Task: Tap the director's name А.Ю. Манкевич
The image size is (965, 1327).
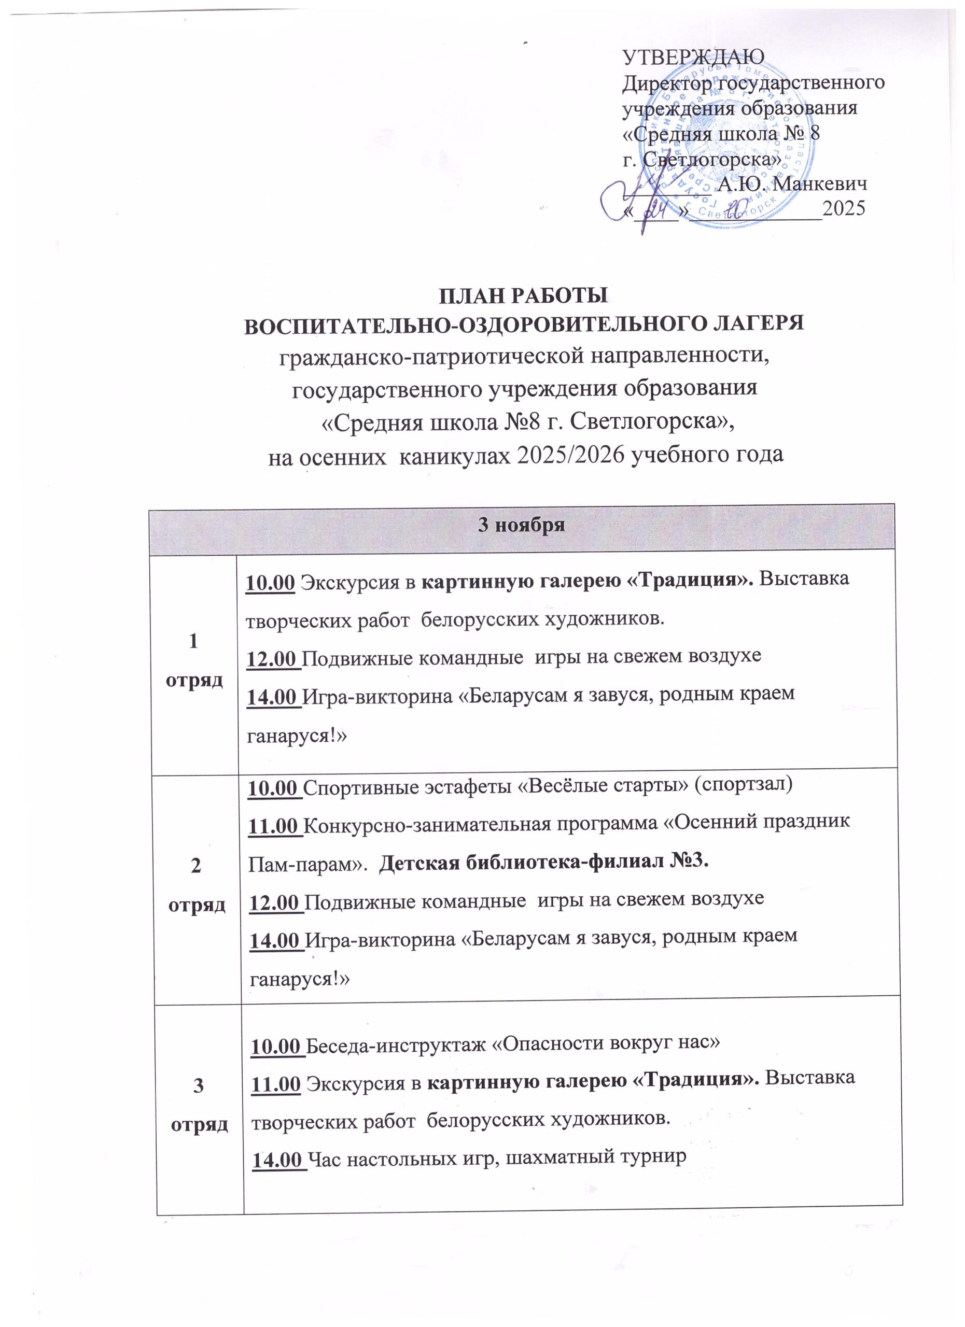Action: click(x=792, y=185)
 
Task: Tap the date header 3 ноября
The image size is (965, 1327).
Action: click(x=522, y=525)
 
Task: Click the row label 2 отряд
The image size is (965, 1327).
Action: click(x=197, y=884)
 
